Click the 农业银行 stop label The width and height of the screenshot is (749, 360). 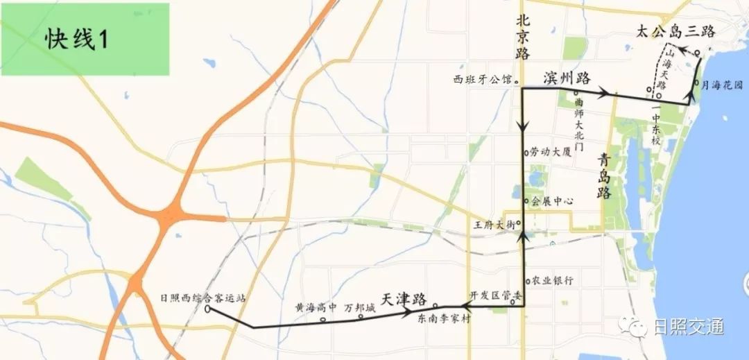pos(552,281)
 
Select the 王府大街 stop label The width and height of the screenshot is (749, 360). pos(493,225)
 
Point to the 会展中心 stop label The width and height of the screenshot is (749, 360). pos(552,202)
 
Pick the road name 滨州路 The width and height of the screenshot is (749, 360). pos(567,77)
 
